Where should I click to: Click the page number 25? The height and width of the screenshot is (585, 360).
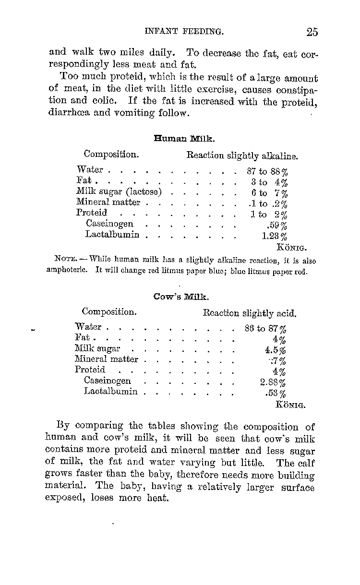312,32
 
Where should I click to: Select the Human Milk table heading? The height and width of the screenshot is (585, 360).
184,139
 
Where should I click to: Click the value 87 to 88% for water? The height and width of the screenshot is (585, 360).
267,171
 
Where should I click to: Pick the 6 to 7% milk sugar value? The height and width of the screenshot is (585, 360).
269,193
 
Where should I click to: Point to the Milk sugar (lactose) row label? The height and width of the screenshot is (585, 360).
119,192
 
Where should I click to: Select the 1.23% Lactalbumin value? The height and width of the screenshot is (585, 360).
275,236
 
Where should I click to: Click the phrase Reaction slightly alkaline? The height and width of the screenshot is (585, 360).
242,156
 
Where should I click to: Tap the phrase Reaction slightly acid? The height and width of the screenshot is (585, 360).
250,314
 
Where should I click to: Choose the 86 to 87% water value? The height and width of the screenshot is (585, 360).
265,329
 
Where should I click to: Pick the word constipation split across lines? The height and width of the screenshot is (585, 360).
293,90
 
